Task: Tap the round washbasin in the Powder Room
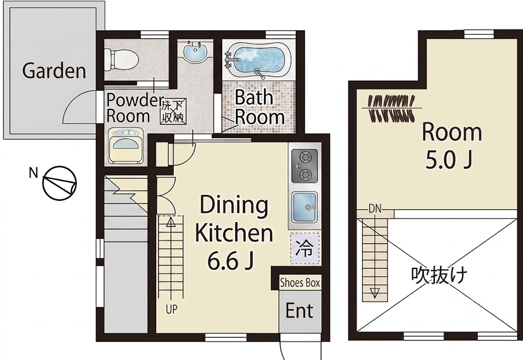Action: click(196, 52)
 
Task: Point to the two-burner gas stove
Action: click(304, 165)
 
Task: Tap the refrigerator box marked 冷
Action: click(305, 248)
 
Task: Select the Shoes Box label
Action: click(300, 283)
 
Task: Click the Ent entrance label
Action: click(299, 310)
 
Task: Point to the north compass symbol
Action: click(59, 183)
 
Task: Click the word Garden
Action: click(54, 70)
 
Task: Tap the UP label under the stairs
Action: click(172, 309)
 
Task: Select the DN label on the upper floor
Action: click(375, 209)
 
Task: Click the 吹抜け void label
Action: click(439, 275)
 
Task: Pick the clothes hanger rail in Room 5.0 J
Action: click(392, 108)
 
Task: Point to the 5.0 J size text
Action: click(448, 160)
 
